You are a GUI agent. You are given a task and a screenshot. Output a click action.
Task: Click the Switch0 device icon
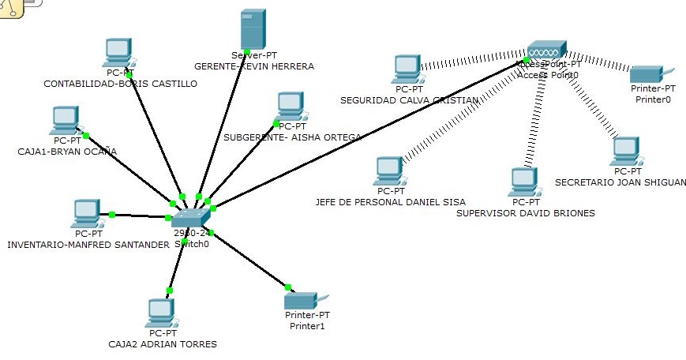click(x=189, y=218)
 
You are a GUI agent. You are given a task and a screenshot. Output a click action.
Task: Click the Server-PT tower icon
click(x=252, y=30)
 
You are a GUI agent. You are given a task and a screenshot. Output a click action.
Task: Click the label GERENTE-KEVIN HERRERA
click(x=254, y=66)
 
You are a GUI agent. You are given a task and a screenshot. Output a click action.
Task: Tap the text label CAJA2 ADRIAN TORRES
click(x=162, y=344)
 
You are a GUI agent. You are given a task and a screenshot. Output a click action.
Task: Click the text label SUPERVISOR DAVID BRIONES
click(x=526, y=213)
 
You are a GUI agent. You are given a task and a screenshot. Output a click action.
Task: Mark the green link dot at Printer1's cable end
click(x=288, y=287)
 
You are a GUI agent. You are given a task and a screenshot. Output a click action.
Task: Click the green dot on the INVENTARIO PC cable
click(x=112, y=214)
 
